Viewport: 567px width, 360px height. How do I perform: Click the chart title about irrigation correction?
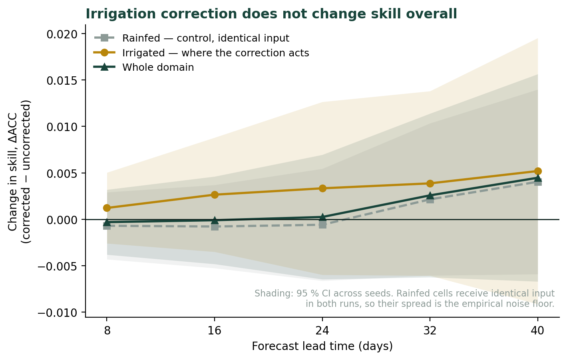click(x=271, y=14)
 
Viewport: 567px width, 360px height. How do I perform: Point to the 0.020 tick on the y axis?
click(x=62, y=34)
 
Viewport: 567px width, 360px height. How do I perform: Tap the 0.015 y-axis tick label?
click(x=62, y=80)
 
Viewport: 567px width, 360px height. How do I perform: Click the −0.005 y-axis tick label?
click(x=58, y=267)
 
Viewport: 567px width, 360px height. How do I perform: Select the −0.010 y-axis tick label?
click(x=58, y=313)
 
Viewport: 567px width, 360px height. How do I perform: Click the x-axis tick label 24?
click(x=322, y=331)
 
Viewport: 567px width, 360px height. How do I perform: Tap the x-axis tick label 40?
click(x=538, y=331)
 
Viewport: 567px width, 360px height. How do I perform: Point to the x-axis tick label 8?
click(x=107, y=331)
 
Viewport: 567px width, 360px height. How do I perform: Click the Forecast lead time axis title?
click(x=322, y=346)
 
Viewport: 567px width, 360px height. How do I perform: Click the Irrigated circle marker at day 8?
click(x=107, y=208)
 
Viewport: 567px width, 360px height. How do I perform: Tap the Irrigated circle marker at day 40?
click(x=538, y=171)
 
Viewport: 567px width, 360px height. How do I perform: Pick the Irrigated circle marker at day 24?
click(x=322, y=188)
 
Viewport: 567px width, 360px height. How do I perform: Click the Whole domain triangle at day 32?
click(x=430, y=195)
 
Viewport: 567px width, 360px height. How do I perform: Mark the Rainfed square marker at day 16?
click(x=215, y=227)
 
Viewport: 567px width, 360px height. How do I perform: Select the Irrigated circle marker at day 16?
click(x=215, y=195)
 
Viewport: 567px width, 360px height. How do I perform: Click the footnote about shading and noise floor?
click(x=404, y=298)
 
